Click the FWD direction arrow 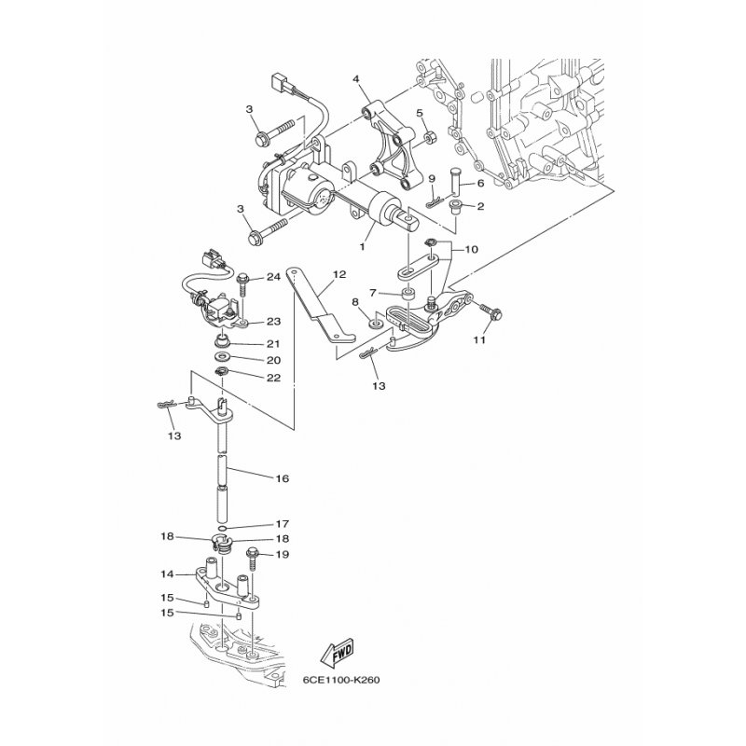[337, 653]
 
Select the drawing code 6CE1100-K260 [341, 680]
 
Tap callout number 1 [362, 246]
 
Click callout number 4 [355, 78]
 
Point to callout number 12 [339, 274]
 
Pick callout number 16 [283, 478]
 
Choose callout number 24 [273, 276]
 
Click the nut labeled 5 [431, 137]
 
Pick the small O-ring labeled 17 [222, 528]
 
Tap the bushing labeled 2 [457, 207]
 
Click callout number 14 [167, 574]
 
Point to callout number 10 [471, 249]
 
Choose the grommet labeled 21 [222, 340]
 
